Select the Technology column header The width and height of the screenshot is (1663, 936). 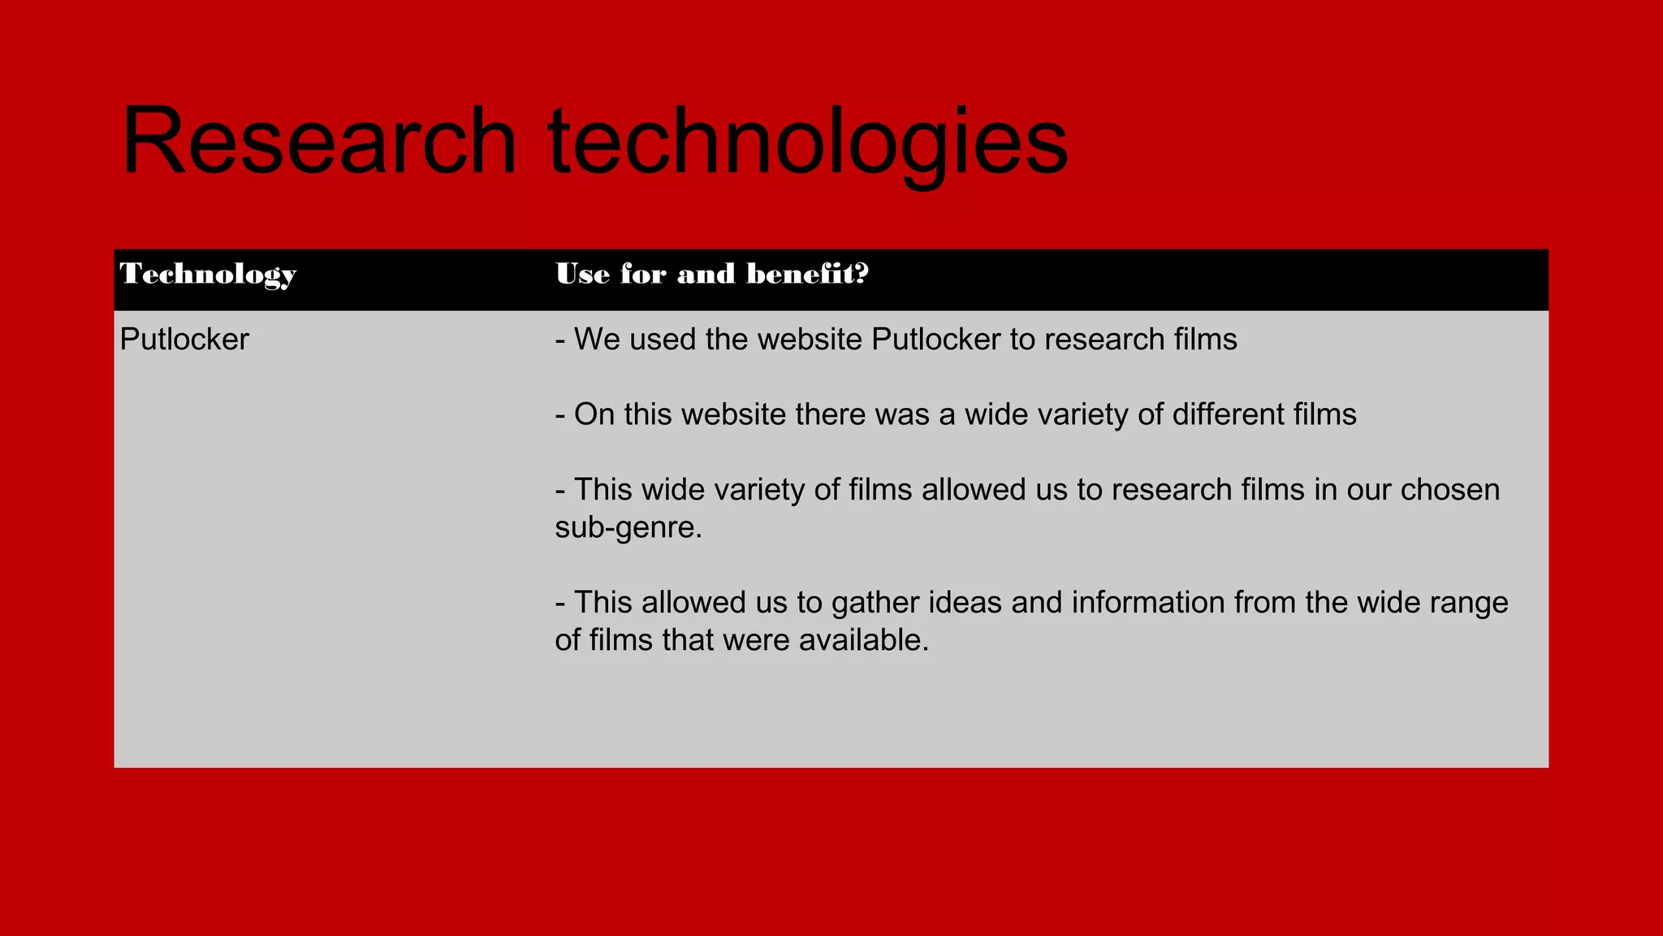tap(208, 274)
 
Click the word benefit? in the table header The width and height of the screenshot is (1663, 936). tap(808, 274)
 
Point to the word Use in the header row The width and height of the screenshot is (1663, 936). tap(582, 274)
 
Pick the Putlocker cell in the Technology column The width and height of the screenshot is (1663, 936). tap(184, 340)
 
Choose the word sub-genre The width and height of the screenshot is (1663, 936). tap(628, 528)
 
